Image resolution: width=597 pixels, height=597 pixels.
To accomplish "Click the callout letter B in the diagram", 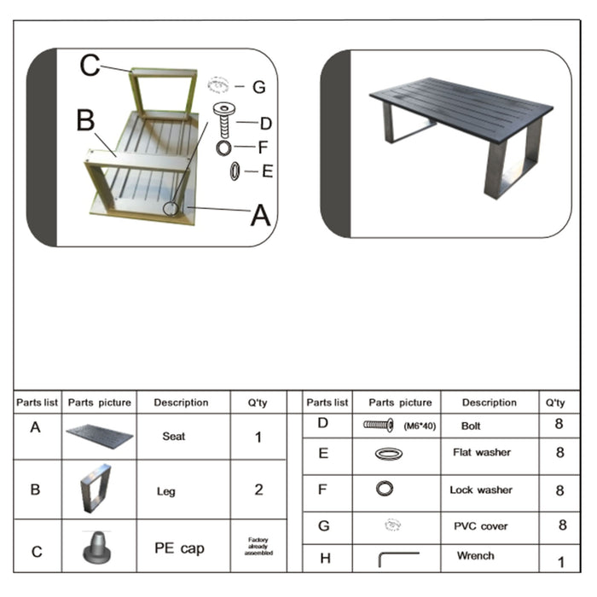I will (85, 120).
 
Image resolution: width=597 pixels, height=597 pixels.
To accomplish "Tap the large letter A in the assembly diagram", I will (259, 216).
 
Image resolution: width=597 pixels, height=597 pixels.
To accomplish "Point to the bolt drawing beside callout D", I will (224, 119).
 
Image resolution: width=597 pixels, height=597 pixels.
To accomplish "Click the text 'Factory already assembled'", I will (258, 546).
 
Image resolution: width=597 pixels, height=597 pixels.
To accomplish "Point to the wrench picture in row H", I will (397, 558).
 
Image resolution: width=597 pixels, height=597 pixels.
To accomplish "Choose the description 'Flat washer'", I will (482, 453).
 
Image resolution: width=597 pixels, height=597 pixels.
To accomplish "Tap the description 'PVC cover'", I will (482, 526).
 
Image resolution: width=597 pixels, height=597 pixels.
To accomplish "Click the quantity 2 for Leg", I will (258, 490).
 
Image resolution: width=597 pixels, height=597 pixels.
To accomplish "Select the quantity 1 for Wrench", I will (560, 562).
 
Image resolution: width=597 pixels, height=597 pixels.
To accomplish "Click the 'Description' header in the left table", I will (181, 403).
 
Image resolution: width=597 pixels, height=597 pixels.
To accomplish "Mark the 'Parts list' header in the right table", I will (327, 403).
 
